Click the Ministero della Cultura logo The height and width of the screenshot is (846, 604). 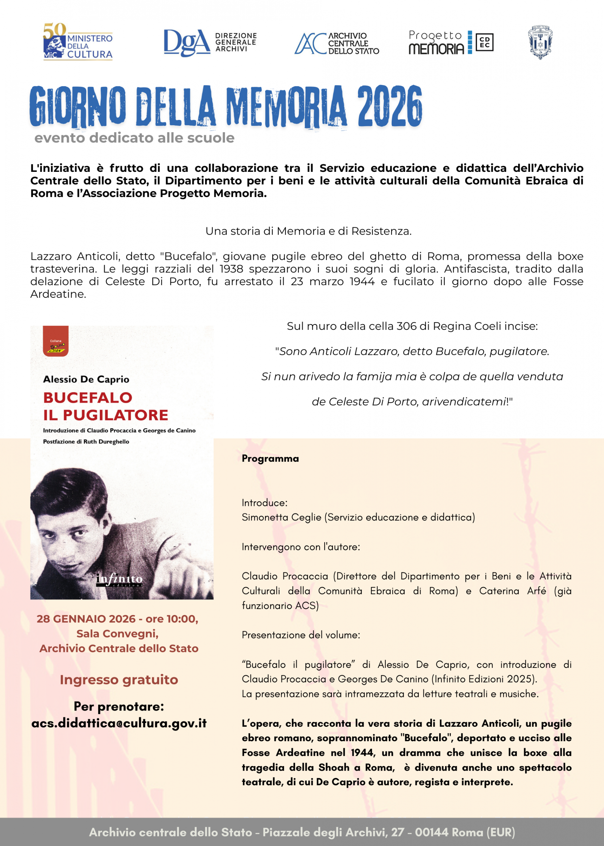(78, 42)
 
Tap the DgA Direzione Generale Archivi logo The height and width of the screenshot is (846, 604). (210, 42)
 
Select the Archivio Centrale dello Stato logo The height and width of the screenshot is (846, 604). (337, 43)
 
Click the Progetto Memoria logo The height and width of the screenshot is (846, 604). (450, 42)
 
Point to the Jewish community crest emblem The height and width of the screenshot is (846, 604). (540, 42)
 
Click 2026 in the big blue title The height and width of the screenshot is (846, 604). (389, 106)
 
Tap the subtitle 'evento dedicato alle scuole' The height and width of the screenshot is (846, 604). (134, 138)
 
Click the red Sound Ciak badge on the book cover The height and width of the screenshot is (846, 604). (56, 341)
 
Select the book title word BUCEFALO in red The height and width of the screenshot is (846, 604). (88, 398)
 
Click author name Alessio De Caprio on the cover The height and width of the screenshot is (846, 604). (86, 379)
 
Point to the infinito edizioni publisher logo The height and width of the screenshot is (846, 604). (119, 580)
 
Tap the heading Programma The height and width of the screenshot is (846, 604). (270, 459)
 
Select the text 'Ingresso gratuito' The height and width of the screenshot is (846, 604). (119, 680)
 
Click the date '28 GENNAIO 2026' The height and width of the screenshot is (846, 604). (86, 619)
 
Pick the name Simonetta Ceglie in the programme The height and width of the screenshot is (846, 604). (281, 518)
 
